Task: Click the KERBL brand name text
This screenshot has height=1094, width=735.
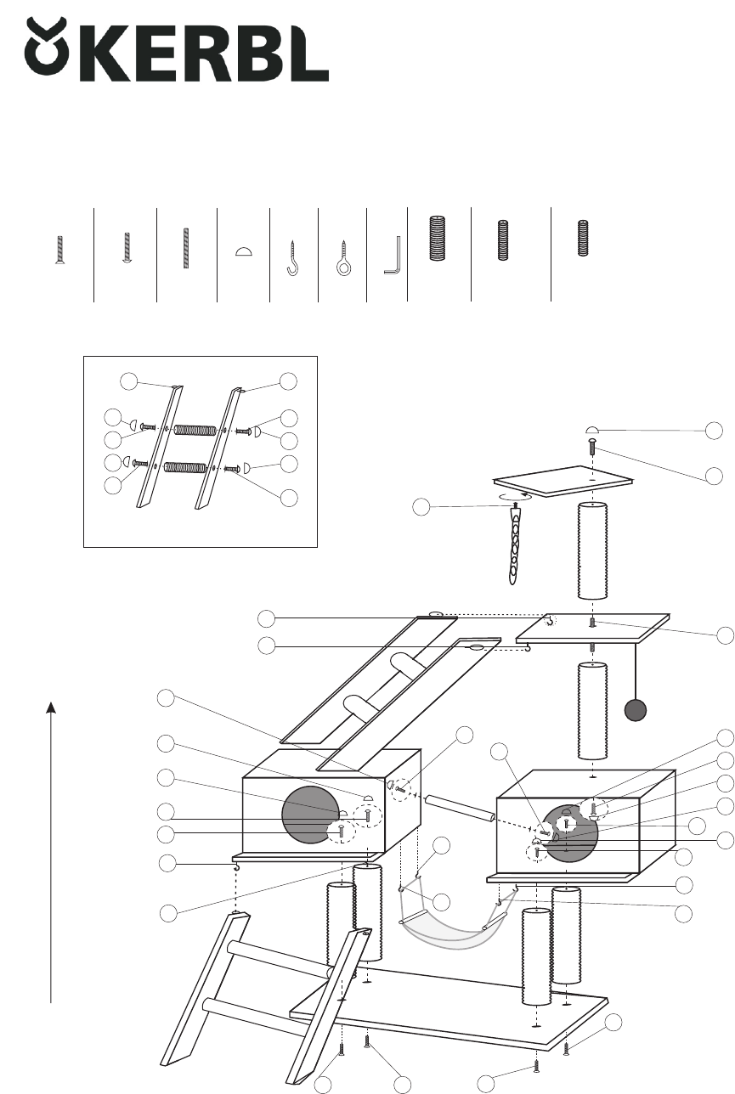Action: pos(205,54)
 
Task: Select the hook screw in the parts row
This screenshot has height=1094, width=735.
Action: pos(292,258)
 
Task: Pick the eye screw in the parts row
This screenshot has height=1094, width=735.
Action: pos(343,258)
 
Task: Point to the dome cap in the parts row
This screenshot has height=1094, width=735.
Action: pos(244,251)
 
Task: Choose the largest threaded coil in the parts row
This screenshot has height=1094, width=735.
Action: pos(437,238)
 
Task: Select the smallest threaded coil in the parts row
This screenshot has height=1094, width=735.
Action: pos(583,238)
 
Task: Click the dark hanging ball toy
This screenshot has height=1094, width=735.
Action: pos(636,710)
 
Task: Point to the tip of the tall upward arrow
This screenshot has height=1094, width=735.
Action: pos(51,702)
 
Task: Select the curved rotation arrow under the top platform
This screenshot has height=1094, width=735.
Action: pos(516,497)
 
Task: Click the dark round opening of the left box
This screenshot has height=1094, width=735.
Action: pos(310,815)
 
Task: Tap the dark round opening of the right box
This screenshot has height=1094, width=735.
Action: pos(570,833)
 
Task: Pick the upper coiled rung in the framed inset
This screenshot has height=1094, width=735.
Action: pos(195,431)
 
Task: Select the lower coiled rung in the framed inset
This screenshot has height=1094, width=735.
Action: pos(185,467)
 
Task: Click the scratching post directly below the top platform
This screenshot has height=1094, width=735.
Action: pos(592,550)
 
